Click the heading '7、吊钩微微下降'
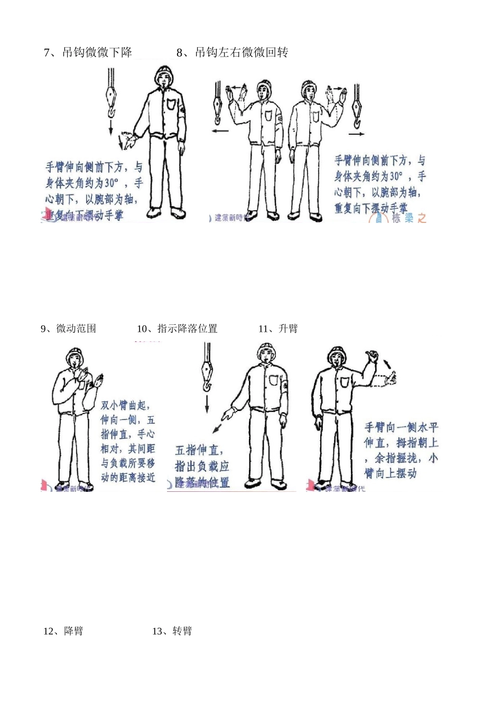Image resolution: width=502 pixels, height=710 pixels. (x=88, y=52)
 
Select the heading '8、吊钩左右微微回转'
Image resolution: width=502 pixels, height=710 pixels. (x=232, y=52)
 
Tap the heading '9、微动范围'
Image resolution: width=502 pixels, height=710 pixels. (x=69, y=329)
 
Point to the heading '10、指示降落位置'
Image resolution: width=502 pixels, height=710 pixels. (x=177, y=329)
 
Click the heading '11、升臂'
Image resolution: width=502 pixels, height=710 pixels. (x=278, y=329)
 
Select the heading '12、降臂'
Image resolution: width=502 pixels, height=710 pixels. (x=63, y=631)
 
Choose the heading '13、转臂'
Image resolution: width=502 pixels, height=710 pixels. (x=172, y=631)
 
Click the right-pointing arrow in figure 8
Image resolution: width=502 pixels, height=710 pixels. (x=357, y=134)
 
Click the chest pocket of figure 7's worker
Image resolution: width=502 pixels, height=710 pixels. (x=172, y=104)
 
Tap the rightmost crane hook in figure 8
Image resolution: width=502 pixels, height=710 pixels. (x=356, y=108)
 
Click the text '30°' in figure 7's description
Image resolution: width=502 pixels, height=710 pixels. (x=111, y=183)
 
